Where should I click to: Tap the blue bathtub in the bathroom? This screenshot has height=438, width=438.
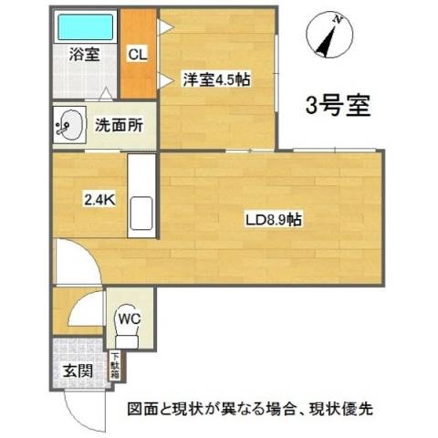point(86,25)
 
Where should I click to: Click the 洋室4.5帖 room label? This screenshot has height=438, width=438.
point(216,79)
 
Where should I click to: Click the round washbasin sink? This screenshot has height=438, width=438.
point(67,125)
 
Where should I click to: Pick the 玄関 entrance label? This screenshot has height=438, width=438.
point(78,370)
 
